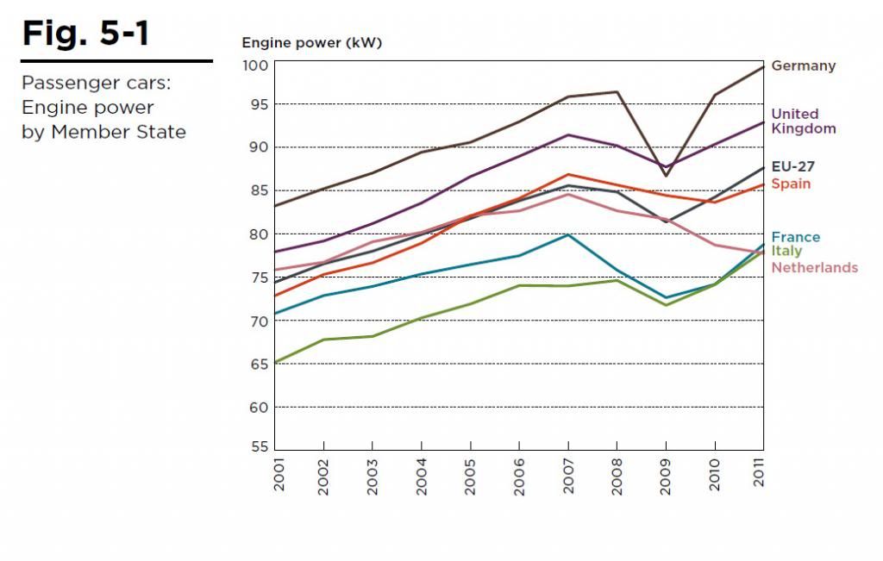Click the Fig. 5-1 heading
coord(85,34)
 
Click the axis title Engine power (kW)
coord(311,42)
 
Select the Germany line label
coord(803,65)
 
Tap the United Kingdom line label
coord(803,121)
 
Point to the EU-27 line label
coord(792,166)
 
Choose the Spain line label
coord(791,184)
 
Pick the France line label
coord(795,237)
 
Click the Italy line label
coord(786,251)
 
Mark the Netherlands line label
coord(814,267)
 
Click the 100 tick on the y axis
coord(258,66)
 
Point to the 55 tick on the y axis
coord(260,448)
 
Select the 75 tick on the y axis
coord(260,277)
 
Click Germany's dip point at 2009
coord(666,176)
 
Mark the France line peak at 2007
coord(567,234)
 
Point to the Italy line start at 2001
coord(275,363)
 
